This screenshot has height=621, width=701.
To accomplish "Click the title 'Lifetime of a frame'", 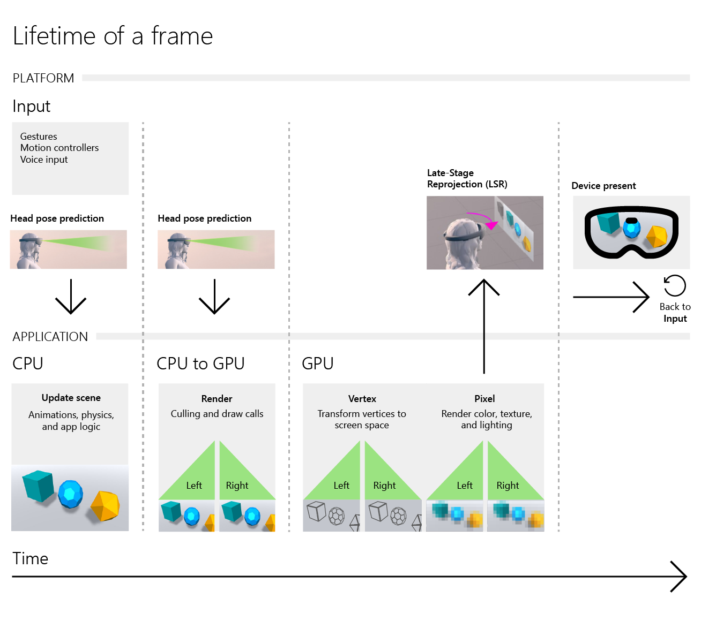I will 113,36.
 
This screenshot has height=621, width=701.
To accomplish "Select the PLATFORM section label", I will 43,78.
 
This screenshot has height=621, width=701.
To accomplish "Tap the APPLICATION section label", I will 50,337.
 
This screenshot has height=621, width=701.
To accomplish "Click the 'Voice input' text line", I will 44,160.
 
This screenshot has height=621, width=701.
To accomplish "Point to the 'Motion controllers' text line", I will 59,148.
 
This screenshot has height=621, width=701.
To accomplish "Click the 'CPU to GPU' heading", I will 200,363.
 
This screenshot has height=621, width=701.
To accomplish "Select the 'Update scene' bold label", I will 71,398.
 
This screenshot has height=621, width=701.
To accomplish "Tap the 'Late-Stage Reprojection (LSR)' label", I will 467,178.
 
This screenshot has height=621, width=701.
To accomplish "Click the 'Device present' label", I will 603,186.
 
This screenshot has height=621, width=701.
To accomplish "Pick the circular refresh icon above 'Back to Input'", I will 675,285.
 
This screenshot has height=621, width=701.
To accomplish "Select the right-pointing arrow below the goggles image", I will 611,297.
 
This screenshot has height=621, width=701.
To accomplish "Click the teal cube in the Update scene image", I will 39,486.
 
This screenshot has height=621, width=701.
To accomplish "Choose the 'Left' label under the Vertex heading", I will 341,486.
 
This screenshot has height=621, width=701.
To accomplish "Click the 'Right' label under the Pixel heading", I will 508,486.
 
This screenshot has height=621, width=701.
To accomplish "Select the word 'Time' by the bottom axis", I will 31,558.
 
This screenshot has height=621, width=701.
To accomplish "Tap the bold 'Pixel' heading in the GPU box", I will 484,399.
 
